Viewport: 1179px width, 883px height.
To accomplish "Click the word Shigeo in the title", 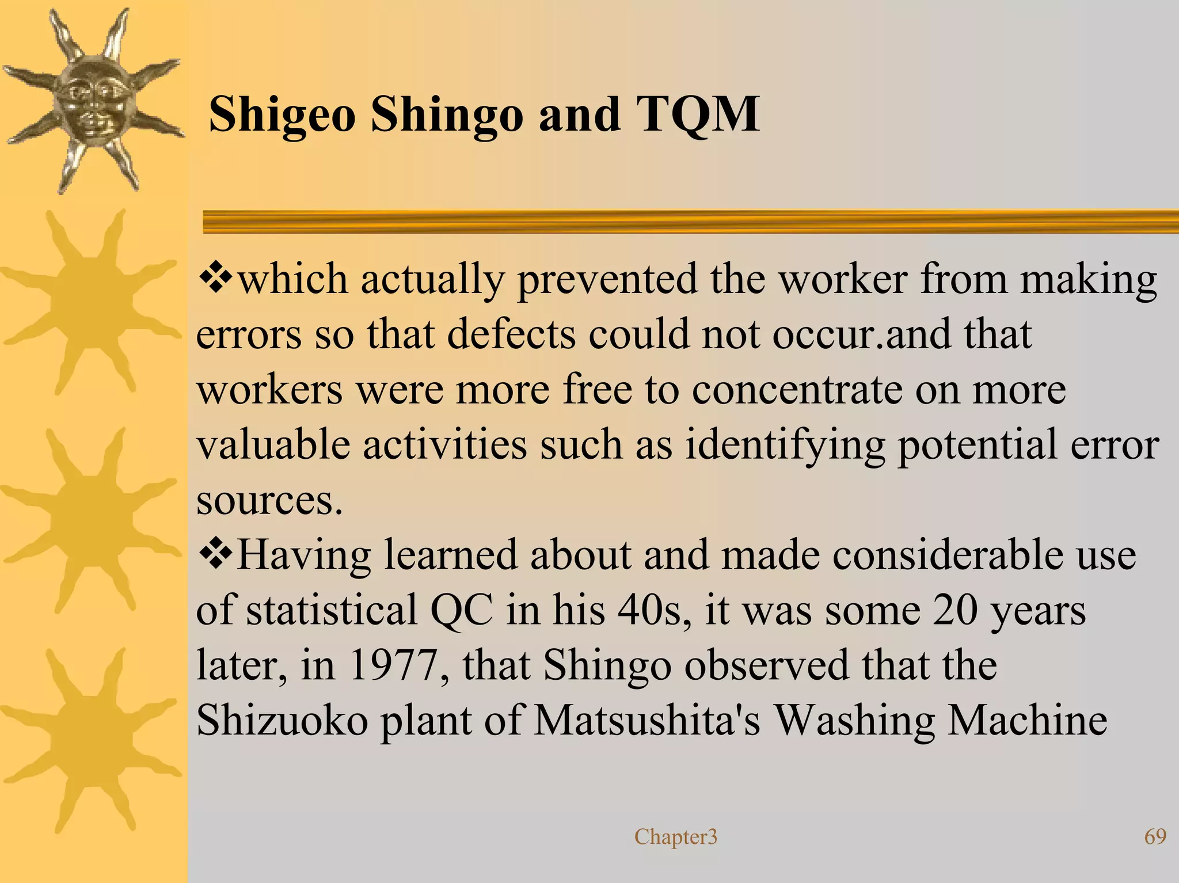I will pyautogui.click(x=282, y=115).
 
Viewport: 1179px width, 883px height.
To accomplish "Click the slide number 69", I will pyautogui.click(x=1155, y=836).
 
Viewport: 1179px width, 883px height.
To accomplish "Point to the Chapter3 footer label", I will pyautogui.click(x=676, y=837).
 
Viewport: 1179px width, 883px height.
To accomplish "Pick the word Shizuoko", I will pyautogui.click(x=282, y=721).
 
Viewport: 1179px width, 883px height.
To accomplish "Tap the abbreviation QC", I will pyautogui.click(x=462, y=610).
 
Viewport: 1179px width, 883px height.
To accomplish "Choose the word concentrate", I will pyautogui.click(x=797, y=390).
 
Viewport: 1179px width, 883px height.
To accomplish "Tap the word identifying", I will pyautogui.click(x=785, y=446).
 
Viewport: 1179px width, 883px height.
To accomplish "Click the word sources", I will pyautogui.click(x=269, y=500).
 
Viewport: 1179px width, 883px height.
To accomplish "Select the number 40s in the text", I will pyautogui.click(x=654, y=610).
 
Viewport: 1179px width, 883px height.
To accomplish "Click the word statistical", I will pyautogui.click(x=332, y=610).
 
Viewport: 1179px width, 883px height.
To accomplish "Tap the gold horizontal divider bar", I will pyautogui.click(x=691, y=222).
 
